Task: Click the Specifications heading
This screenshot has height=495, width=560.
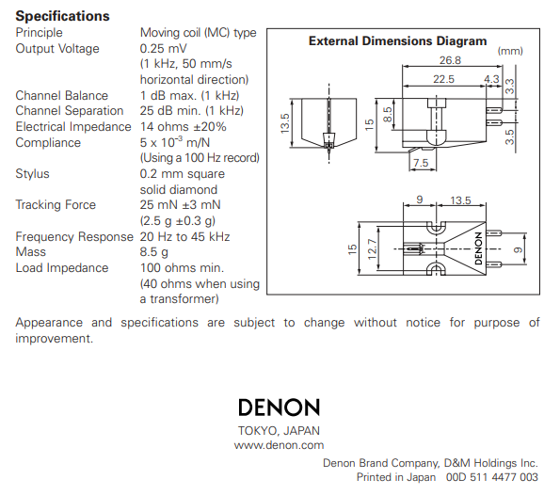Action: pos(62,16)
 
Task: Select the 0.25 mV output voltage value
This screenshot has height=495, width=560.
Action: pos(163,49)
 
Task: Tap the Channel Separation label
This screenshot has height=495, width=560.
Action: pos(70,111)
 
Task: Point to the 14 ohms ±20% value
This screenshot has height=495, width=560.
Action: pos(183,126)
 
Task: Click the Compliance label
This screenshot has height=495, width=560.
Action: pos(48,143)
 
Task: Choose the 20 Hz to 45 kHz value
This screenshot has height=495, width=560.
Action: pos(184,236)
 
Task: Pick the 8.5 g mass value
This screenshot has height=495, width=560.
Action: pos(154,252)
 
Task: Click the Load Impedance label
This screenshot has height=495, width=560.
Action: pos(62,268)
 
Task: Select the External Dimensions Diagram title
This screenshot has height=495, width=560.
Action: pos(397,41)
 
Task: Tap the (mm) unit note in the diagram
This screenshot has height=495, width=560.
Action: pos(510,51)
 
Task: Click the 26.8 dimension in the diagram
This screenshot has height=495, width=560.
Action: pos(450,60)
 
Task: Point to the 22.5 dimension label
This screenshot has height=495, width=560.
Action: pos(443,79)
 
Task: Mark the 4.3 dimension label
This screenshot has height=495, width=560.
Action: pos(491,79)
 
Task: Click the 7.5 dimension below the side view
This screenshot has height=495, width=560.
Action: pos(421,163)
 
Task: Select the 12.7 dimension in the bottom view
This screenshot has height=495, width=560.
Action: pos(372,249)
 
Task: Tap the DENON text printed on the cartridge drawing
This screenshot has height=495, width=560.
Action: pos(478,248)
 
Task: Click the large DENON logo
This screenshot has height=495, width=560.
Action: pos(279,407)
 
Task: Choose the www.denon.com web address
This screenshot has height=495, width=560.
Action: pos(279,445)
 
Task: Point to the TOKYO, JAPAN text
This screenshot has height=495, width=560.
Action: pos(279,431)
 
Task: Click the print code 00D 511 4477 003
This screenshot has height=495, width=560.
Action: pos(492,477)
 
